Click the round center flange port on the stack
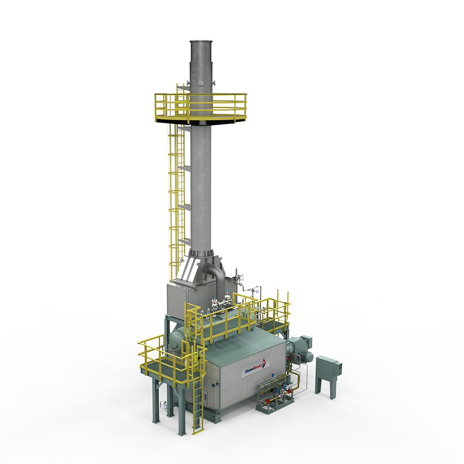(201, 83)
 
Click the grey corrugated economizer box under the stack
(183, 299)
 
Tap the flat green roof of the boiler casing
(241, 343)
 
